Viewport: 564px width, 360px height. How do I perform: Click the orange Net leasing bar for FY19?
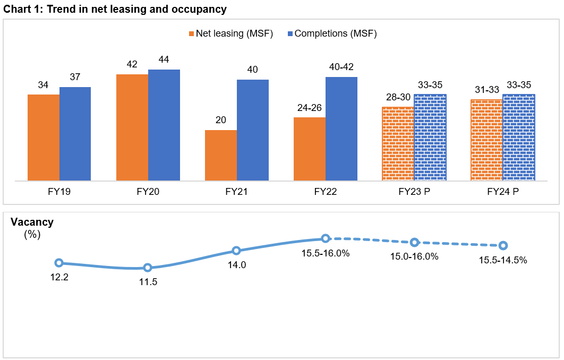tap(44, 138)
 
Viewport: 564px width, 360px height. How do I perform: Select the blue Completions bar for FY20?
tap(164, 125)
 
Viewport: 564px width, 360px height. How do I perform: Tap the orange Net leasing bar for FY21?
tap(221, 155)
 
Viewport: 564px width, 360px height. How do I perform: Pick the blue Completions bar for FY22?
tap(341, 129)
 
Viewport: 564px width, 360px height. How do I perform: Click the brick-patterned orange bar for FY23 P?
tap(398, 144)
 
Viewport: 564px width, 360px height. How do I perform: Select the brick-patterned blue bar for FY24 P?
tap(518, 138)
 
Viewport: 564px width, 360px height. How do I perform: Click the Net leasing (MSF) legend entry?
tap(231, 33)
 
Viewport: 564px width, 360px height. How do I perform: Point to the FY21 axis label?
tap(236, 192)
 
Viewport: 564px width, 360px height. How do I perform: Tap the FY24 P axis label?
tap(502, 192)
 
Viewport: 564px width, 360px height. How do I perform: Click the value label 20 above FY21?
tap(221, 120)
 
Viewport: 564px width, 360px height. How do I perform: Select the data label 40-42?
tap(341, 67)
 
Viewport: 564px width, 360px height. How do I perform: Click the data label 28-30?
tap(398, 97)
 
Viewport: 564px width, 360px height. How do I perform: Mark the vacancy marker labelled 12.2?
tap(59, 263)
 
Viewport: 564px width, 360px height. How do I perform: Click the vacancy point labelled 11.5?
tap(148, 268)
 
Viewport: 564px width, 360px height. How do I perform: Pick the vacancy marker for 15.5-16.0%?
tap(326, 239)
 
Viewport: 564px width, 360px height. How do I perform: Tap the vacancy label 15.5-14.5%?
tap(503, 260)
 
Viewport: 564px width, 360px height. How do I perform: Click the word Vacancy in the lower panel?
tap(32, 222)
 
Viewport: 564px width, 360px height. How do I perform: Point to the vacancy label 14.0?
tap(237, 265)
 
